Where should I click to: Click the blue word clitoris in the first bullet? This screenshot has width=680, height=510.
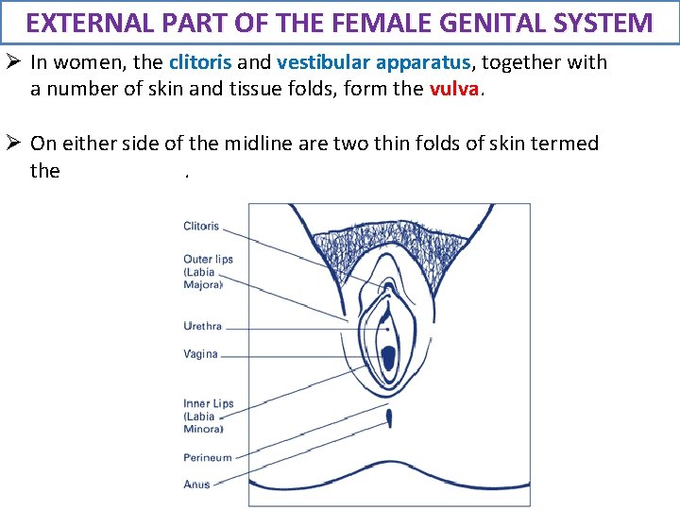click(x=200, y=63)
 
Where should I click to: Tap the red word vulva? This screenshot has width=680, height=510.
click(x=456, y=90)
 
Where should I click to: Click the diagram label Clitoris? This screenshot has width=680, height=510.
click(x=201, y=226)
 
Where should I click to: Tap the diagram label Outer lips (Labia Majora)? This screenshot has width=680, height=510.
click(x=208, y=271)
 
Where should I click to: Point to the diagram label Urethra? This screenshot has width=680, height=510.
click(x=202, y=326)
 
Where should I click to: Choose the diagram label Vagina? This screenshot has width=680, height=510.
click(x=200, y=354)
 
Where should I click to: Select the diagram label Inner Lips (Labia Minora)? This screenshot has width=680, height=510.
click(x=208, y=416)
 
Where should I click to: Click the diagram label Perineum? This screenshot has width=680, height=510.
click(x=207, y=457)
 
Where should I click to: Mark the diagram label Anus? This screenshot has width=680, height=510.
click(x=196, y=484)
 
